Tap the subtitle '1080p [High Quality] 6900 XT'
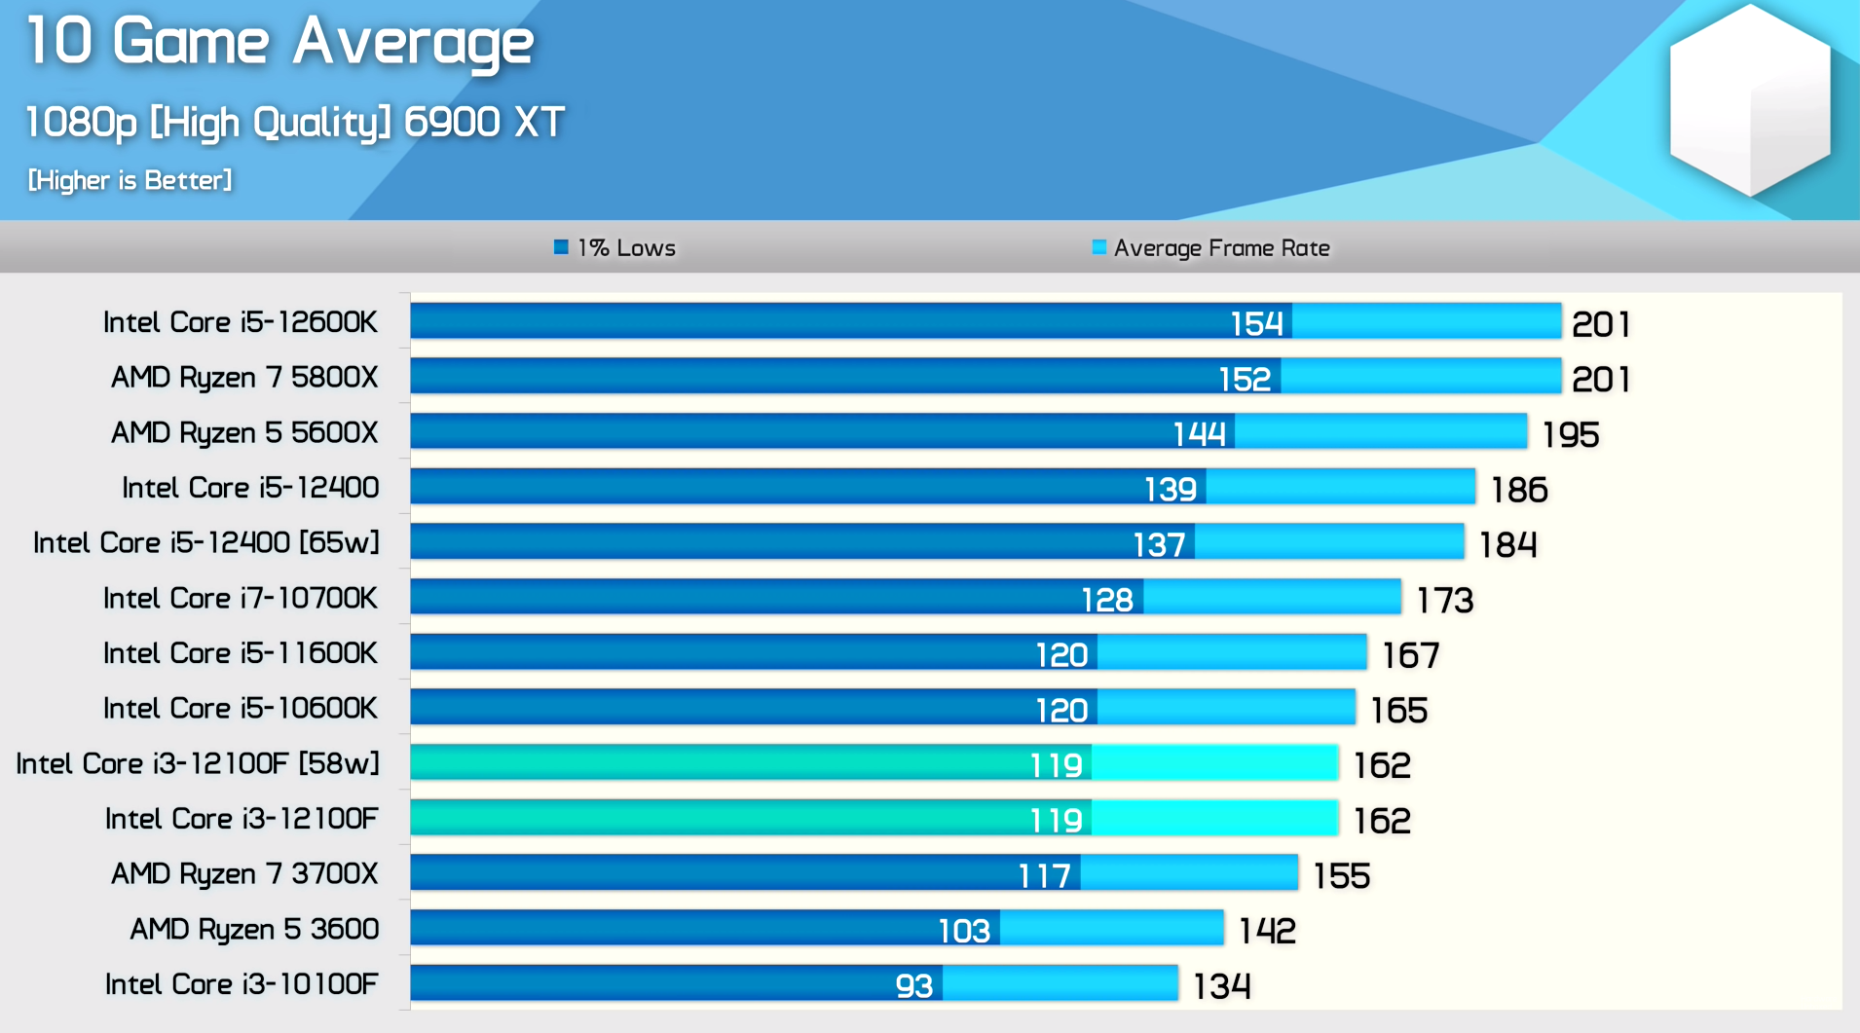coord(294,123)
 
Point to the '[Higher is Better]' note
coord(130,180)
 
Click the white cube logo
coord(1749,100)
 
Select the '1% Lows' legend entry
coord(615,248)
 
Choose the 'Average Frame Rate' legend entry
coord(1211,248)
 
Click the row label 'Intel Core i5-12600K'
coord(240,322)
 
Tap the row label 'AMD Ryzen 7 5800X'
coord(243,378)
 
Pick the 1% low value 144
coord(1199,433)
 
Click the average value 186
coord(1519,490)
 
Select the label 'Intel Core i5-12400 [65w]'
coord(205,543)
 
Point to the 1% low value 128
coord(1107,600)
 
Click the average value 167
coord(1410,655)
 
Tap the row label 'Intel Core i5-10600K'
coord(240,709)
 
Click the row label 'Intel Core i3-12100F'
coord(241,819)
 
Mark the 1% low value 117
coord(1044,876)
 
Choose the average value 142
coord(1267,932)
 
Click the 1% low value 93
coord(913,986)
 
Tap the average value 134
coord(1221,987)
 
